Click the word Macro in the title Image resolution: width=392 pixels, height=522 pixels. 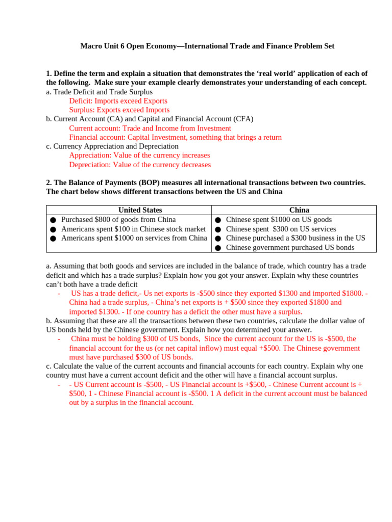(x=91, y=46)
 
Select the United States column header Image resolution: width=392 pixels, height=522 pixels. (x=140, y=210)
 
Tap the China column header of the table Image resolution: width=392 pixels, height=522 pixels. (x=299, y=210)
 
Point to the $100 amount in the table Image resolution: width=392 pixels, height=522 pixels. (x=116, y=229)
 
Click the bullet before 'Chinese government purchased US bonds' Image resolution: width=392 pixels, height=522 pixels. (x=218, y=248)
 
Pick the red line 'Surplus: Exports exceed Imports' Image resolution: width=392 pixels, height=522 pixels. (x=119, y=110)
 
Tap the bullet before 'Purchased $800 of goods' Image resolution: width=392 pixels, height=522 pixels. (x=53, y=220)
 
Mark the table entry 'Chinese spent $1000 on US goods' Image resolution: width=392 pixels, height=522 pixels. (x=279, y=220)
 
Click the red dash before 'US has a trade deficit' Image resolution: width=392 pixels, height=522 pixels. (x=60, y=294)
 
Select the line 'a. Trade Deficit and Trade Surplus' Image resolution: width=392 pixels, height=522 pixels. (x=99, y=92)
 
